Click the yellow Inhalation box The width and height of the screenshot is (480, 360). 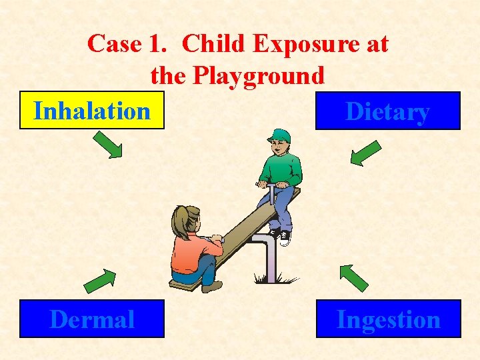click(x=92, y=111)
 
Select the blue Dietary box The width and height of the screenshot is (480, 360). click(x=387, y=111)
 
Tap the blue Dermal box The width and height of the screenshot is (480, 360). click(x=92, y=319)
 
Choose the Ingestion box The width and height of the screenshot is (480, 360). click(x=388, y=319)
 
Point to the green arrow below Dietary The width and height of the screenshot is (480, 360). click(x=365, y=152)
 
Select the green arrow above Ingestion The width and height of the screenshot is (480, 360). click(x=353, y=277)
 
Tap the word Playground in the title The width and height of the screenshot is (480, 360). click(x=259, y=75)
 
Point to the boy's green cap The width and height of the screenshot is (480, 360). click(x=280, y=136)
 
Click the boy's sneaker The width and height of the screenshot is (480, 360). click(x=285, y=238)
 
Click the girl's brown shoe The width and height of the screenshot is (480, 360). click(x=212, y=287)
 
